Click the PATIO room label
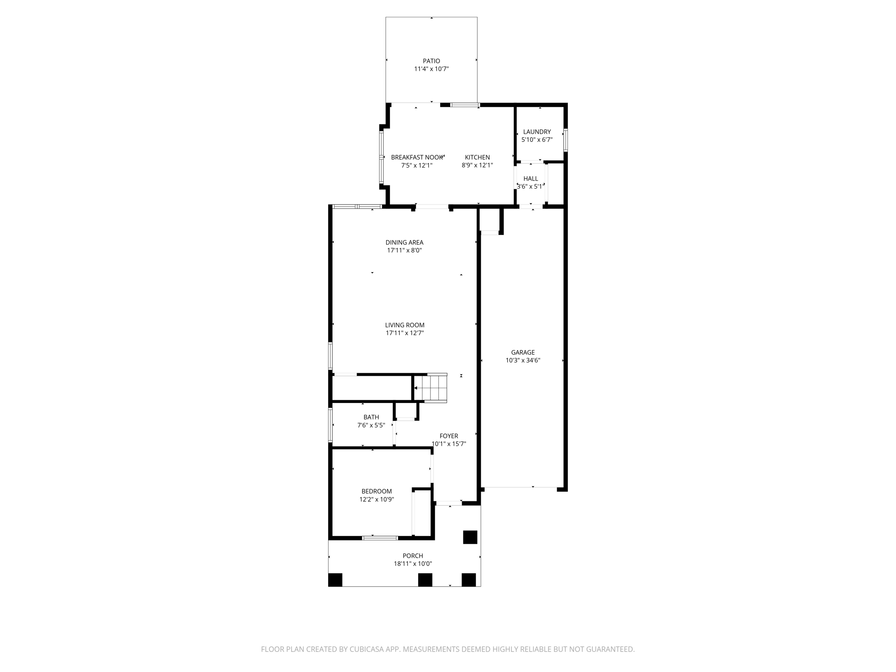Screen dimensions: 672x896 [431, 61]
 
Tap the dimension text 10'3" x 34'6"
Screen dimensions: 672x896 [523, 360]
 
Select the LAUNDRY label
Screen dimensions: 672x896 [537, 132]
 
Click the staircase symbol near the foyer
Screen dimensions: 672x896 [430, 388]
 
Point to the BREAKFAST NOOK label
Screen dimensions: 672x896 [417, 157]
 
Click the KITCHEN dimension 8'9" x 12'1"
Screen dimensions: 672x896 [477, 165]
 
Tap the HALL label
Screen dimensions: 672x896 [530, 178]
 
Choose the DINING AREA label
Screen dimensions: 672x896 [404, 242]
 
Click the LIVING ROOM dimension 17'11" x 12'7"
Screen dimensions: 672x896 [405, 333]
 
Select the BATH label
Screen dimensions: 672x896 [371, 417]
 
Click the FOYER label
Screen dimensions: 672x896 [448, 436]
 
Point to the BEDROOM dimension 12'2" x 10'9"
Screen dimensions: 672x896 [377, 499]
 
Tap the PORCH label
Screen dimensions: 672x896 [413, 556]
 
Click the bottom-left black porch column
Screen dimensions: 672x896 [335, 580]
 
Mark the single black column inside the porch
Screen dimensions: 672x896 [470, 537]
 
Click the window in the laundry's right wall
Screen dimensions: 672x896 [565, 140]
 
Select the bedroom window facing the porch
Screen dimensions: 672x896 [380, 538]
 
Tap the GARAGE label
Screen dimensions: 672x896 [523, 352]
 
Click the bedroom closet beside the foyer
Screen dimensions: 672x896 [422, 512]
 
